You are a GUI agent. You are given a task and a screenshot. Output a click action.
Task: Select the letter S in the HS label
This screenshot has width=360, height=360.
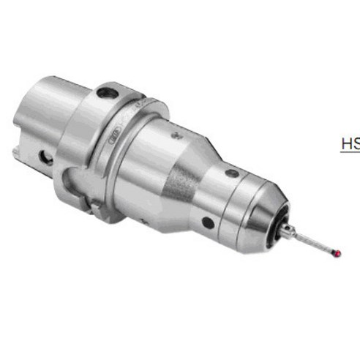coord(356,143)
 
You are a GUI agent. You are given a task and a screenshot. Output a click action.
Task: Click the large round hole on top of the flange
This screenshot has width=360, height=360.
coord(108,94)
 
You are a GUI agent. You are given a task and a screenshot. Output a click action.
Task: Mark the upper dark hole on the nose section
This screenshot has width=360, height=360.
coord(232,174)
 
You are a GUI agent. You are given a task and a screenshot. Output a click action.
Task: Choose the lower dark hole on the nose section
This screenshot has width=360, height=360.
coord(209,221)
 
